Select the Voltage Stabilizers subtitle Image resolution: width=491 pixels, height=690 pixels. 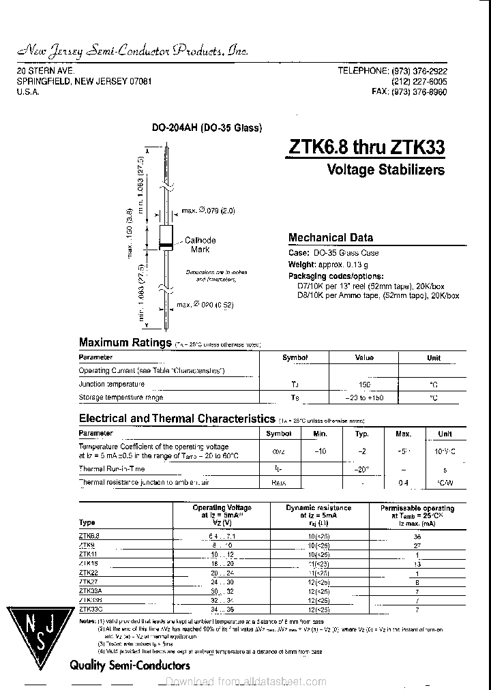385,170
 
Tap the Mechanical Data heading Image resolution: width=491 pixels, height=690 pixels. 331,238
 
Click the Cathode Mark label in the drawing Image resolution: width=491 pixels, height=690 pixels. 200,245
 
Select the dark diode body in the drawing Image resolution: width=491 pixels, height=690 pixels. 166,237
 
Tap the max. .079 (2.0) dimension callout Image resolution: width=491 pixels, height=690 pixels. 207,211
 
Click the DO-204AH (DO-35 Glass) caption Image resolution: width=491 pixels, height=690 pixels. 206,127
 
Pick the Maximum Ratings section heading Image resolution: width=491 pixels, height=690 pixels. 125,343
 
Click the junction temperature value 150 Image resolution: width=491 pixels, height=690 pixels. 364,385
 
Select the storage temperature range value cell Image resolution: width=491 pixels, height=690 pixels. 364,397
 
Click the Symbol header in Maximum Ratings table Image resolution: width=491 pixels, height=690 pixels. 295,358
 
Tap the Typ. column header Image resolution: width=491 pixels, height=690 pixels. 362,434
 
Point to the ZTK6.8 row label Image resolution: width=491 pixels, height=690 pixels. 89,536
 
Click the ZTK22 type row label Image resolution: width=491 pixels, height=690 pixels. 89,573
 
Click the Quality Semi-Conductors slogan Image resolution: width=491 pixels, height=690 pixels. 130,665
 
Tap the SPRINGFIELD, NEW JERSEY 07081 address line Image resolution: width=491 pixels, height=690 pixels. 84,81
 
